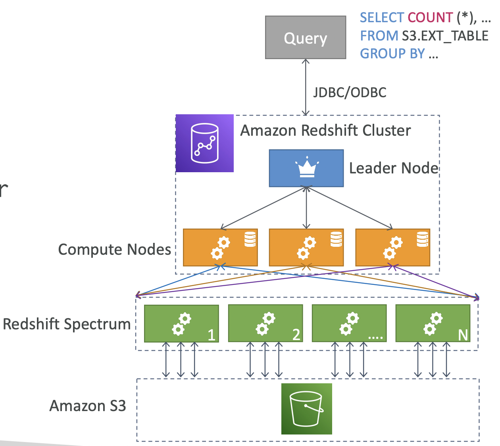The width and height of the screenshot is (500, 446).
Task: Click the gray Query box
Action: coord(305,38)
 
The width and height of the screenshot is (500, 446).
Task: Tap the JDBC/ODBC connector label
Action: coord(350,92)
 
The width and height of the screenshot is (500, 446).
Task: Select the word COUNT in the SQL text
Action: coord(430,17)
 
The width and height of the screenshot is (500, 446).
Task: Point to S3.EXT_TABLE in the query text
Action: coord(445,36)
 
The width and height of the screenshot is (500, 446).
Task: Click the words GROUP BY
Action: coord(392,54)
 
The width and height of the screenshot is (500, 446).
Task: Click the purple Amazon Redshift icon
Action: coord(205,143)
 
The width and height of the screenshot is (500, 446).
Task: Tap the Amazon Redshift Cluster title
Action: coord(325,131)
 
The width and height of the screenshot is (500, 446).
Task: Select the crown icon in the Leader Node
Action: coord(306,169)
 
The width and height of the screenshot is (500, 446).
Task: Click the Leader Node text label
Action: coord(393,168)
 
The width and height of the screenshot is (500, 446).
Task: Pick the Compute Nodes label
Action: coord(114,250)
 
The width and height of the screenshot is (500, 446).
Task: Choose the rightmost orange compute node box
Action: coord(392,247)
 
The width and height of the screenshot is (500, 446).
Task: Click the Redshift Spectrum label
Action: coord(67,324)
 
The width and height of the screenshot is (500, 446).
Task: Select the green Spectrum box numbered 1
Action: coord(181,323)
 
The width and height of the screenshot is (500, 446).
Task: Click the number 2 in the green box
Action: coord(296,335)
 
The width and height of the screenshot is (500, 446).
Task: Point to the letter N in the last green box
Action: coord(463,335)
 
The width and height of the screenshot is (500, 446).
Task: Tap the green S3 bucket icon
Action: coord(306,409)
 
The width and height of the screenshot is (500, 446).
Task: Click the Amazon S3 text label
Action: coord(87,406)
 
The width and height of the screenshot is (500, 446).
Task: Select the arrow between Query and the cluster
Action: coord(306,87)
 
